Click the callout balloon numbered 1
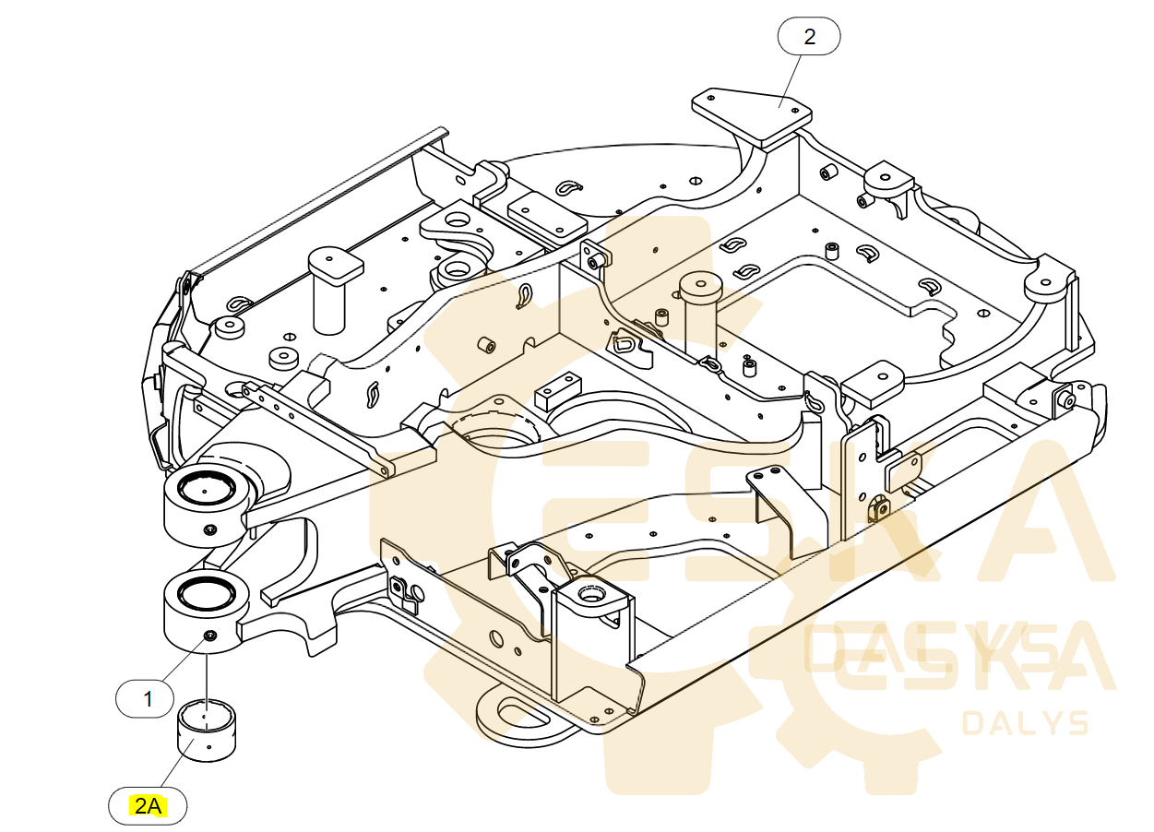[148, 699]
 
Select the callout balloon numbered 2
[809, 38]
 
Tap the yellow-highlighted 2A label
[148, 807]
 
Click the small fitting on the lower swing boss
[210, 635]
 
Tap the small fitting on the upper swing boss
[209, 529]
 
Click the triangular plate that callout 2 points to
[752, 112]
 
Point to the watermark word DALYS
[1025, 723]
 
